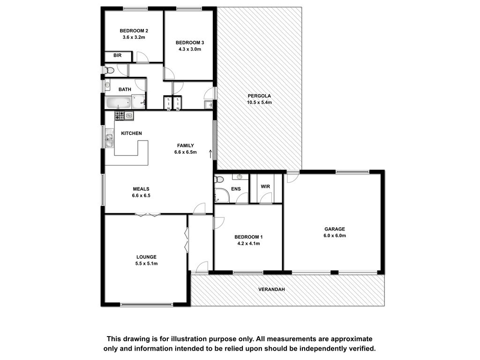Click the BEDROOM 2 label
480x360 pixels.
pyautogui.click(x=134, y=31)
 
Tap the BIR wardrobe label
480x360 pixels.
pyautogui.click(x=117, y=55)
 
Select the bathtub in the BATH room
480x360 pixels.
pyautogui.click(x=118, y=103)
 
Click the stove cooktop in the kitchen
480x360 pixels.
pyautogui.click(x=120, y=115)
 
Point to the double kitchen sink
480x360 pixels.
pyautogui.click(x=109, y=138)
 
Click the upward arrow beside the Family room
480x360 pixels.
pyautogui.click(x=210, y=154)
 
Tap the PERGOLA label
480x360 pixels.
pyautogui.click(x=259, y=96)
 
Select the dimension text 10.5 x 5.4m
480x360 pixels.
pyautogui.click(x=259, y=103)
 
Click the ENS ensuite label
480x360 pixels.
pyautogui.click(x=236, y=189)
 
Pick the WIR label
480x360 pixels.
pyautogui.click(x=265, y=187)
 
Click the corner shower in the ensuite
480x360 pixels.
pyautogui.click(x=222, y=195)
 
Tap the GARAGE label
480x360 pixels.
pyautogui.click(x=335, y=229)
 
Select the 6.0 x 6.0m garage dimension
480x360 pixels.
pyautogui.click(x=335, y=236)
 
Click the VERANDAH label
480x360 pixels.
pyautogui.click(x=271, y=289)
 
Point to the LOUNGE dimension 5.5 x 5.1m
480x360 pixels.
pyautogui.click(x=146, y=263)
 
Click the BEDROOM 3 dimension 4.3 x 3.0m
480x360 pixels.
pyautogui.click(x=190, y=49)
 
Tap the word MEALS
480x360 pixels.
pyautogui.click(x=141, y=189)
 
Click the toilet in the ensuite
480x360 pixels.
pyautogui.click(x=219, y=179)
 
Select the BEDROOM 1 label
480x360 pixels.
pyautogui.click(x=248, y=237)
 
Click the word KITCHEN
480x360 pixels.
pyautogui.click(x=131, y=133)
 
